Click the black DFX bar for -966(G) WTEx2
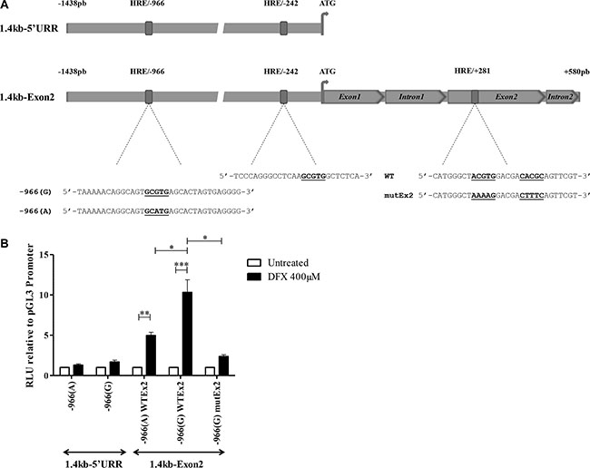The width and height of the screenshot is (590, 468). click(x=187, y=334)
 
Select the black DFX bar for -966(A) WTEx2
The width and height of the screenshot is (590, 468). click(x=151, y=356)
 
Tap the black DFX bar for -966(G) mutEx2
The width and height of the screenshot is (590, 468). click(x=223, y=366)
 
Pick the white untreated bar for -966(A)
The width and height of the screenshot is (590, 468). click(x=64, y=371)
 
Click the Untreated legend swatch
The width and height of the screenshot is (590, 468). click(x=254, y=263)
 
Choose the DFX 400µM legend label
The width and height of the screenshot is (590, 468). click(x=294, y=277)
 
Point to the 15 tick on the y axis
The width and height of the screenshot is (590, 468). click(x=51, y=255)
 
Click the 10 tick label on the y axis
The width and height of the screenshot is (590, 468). click(x=44, y=295)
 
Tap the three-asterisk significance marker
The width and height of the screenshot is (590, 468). click(x=182, y=265)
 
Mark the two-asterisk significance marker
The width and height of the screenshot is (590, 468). click(x=145, y=314)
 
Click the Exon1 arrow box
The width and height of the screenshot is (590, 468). click(x=352, y=97)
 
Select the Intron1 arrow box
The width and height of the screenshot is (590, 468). click(x=415, y=97)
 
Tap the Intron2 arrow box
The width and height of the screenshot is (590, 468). click(x=563, y=97)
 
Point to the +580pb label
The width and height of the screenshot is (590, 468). click(x=576, y=72)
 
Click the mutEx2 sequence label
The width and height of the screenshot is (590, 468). click(x=398, y=196)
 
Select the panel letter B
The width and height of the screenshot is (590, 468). click(x=5, y=243)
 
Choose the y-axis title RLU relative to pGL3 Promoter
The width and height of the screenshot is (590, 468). click(x=30, y=316)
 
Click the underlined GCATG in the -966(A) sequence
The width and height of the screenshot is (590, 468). click(x=156, y=211)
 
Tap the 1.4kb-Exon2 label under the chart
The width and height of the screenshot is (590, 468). click(x=176, y=464)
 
